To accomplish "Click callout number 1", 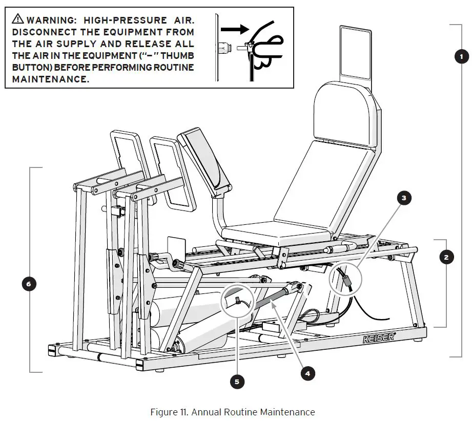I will tap(461, 57).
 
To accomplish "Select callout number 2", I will tap(446, 258).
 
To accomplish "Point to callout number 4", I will tap(307, 374).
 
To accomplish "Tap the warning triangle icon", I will tap(18, 20).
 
